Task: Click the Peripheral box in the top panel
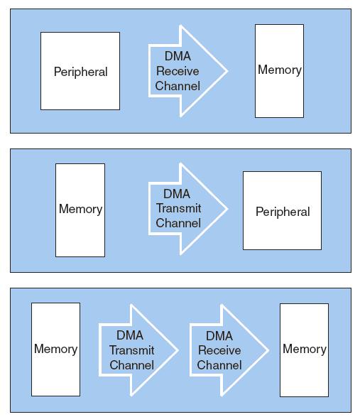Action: pos(80,71)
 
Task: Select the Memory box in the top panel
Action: pos(279,71)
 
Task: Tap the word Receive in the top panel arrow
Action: pos(178,71)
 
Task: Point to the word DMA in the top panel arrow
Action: pos(178,56)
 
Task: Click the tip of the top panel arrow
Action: pos(228,71)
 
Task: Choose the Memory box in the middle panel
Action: pos(80,210)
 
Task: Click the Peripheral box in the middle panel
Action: pos(282,210)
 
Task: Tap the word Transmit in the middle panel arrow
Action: pos(178,208)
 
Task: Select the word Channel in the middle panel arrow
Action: pos(178,223)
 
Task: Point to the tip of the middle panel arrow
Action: pos(228,209)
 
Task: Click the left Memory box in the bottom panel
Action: pos(55,350)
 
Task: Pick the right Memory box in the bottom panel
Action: pos(304,350)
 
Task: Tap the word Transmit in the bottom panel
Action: pos(132,350)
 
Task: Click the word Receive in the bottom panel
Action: pos(219,350)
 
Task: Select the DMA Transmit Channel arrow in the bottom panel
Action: pos(138,350)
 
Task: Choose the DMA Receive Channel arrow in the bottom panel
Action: pos(229,350)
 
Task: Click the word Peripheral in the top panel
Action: pos(80,72)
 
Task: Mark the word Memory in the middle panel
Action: pos(80,210)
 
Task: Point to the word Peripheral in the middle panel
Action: pos(283,212)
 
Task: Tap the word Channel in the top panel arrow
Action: pos(178,86)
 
